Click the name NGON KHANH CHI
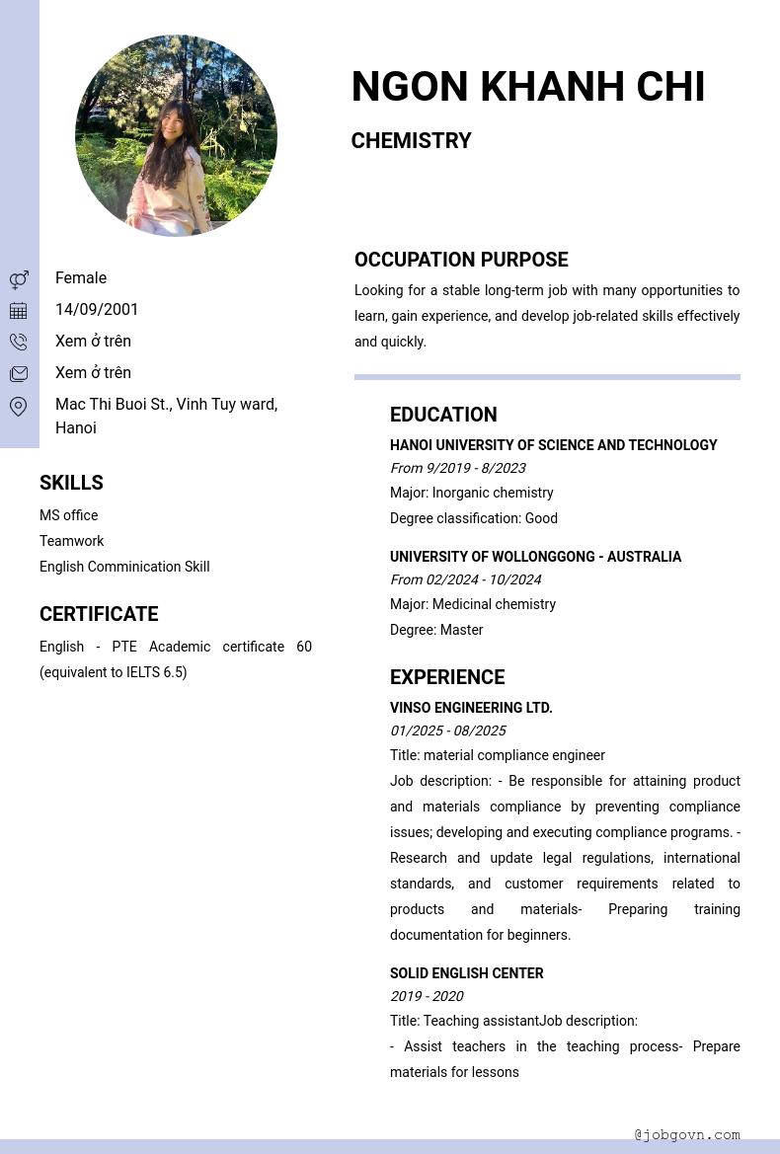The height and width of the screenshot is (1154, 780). [527, 87]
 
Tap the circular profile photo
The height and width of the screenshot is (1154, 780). [176, 135]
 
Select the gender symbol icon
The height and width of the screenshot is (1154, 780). [19, 279]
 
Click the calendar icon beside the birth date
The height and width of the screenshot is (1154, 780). [19, 311]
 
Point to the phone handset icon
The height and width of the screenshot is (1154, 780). [19, 342]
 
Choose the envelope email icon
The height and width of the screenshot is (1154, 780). [19, 373]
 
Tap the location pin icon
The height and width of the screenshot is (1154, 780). [19, 406]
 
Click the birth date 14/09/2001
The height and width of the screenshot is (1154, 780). [97, 310]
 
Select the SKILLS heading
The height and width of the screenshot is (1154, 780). [71, 483]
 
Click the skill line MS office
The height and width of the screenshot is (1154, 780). [68, 515]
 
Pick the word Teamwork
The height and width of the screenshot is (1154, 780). [71, 541]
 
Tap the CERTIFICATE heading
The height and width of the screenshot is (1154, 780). [99, 614]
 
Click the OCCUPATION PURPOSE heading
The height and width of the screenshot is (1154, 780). [461, 260]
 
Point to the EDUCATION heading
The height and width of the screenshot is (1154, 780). [443, 415]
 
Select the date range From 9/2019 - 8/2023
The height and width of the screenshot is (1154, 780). [457, 468]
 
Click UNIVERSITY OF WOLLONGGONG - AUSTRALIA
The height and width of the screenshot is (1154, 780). [535, 557]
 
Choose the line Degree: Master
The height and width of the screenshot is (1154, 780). [436, 630]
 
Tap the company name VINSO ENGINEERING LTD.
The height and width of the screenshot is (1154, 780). [471, 708]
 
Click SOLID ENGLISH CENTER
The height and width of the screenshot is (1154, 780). [466, 973]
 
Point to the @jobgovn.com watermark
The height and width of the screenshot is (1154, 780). [687, 1135]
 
